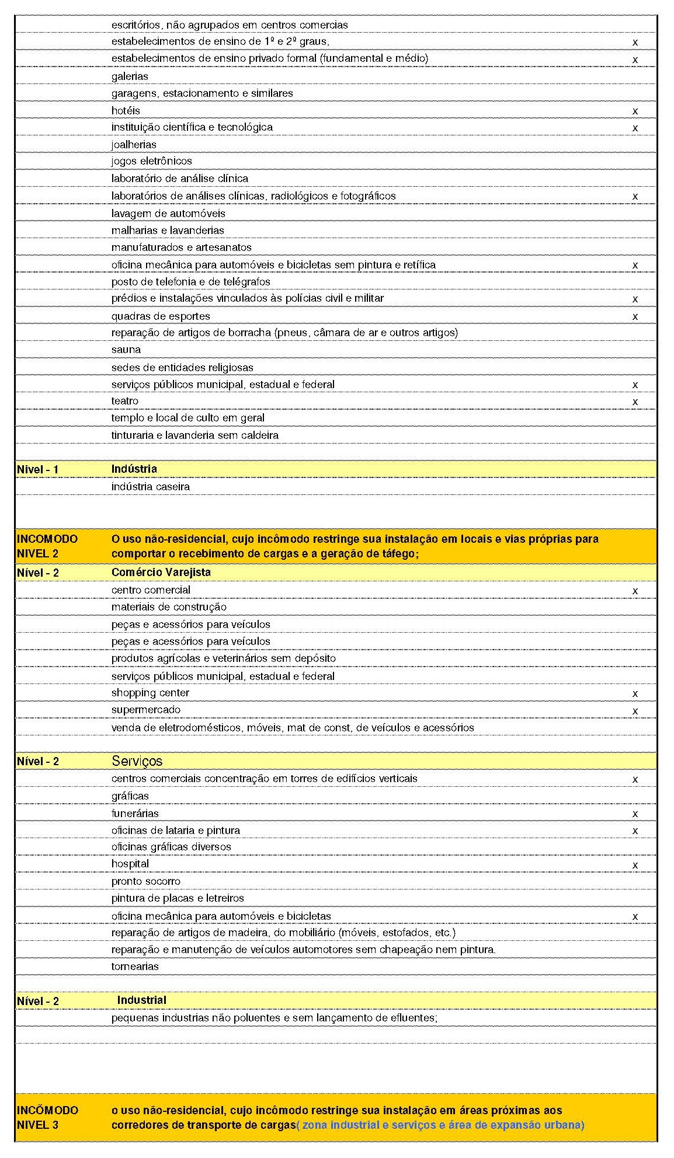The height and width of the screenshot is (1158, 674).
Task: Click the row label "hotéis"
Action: (x=126, y=110)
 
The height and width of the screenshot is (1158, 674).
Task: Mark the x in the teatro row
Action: (x=635, y=402)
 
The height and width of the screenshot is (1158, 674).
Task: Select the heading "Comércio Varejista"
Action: (x=161, y=572)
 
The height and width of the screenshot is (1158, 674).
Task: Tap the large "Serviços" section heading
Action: (x=137, y=761)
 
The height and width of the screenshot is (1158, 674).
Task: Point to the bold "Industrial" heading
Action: (x=141, y=1000)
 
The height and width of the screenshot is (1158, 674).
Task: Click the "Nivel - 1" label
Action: (x=37, y=469)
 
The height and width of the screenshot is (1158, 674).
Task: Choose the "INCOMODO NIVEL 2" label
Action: (x=47, y=546)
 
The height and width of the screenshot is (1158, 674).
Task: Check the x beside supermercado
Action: (x=635, y=711)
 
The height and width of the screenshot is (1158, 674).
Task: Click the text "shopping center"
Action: (x=150, y=693)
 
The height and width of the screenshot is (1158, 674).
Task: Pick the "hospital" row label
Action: (x=130, y=863)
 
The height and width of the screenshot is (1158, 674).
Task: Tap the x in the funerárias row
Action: (x=635, y=814)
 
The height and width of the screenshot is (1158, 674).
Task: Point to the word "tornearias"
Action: (x=135, y=966)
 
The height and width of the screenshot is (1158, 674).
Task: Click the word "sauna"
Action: (x=126, y=350)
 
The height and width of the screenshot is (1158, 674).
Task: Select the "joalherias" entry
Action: (x=134, y=144)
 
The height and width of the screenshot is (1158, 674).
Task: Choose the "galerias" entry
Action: (x=130, y=76)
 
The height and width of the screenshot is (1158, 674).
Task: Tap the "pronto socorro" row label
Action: (x=145, y=881)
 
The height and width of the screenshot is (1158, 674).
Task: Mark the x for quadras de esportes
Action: (x=635, y=316)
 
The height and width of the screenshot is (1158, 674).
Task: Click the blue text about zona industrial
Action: (x=440, y=1125)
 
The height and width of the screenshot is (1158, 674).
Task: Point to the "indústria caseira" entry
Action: (x=150, y=486)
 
